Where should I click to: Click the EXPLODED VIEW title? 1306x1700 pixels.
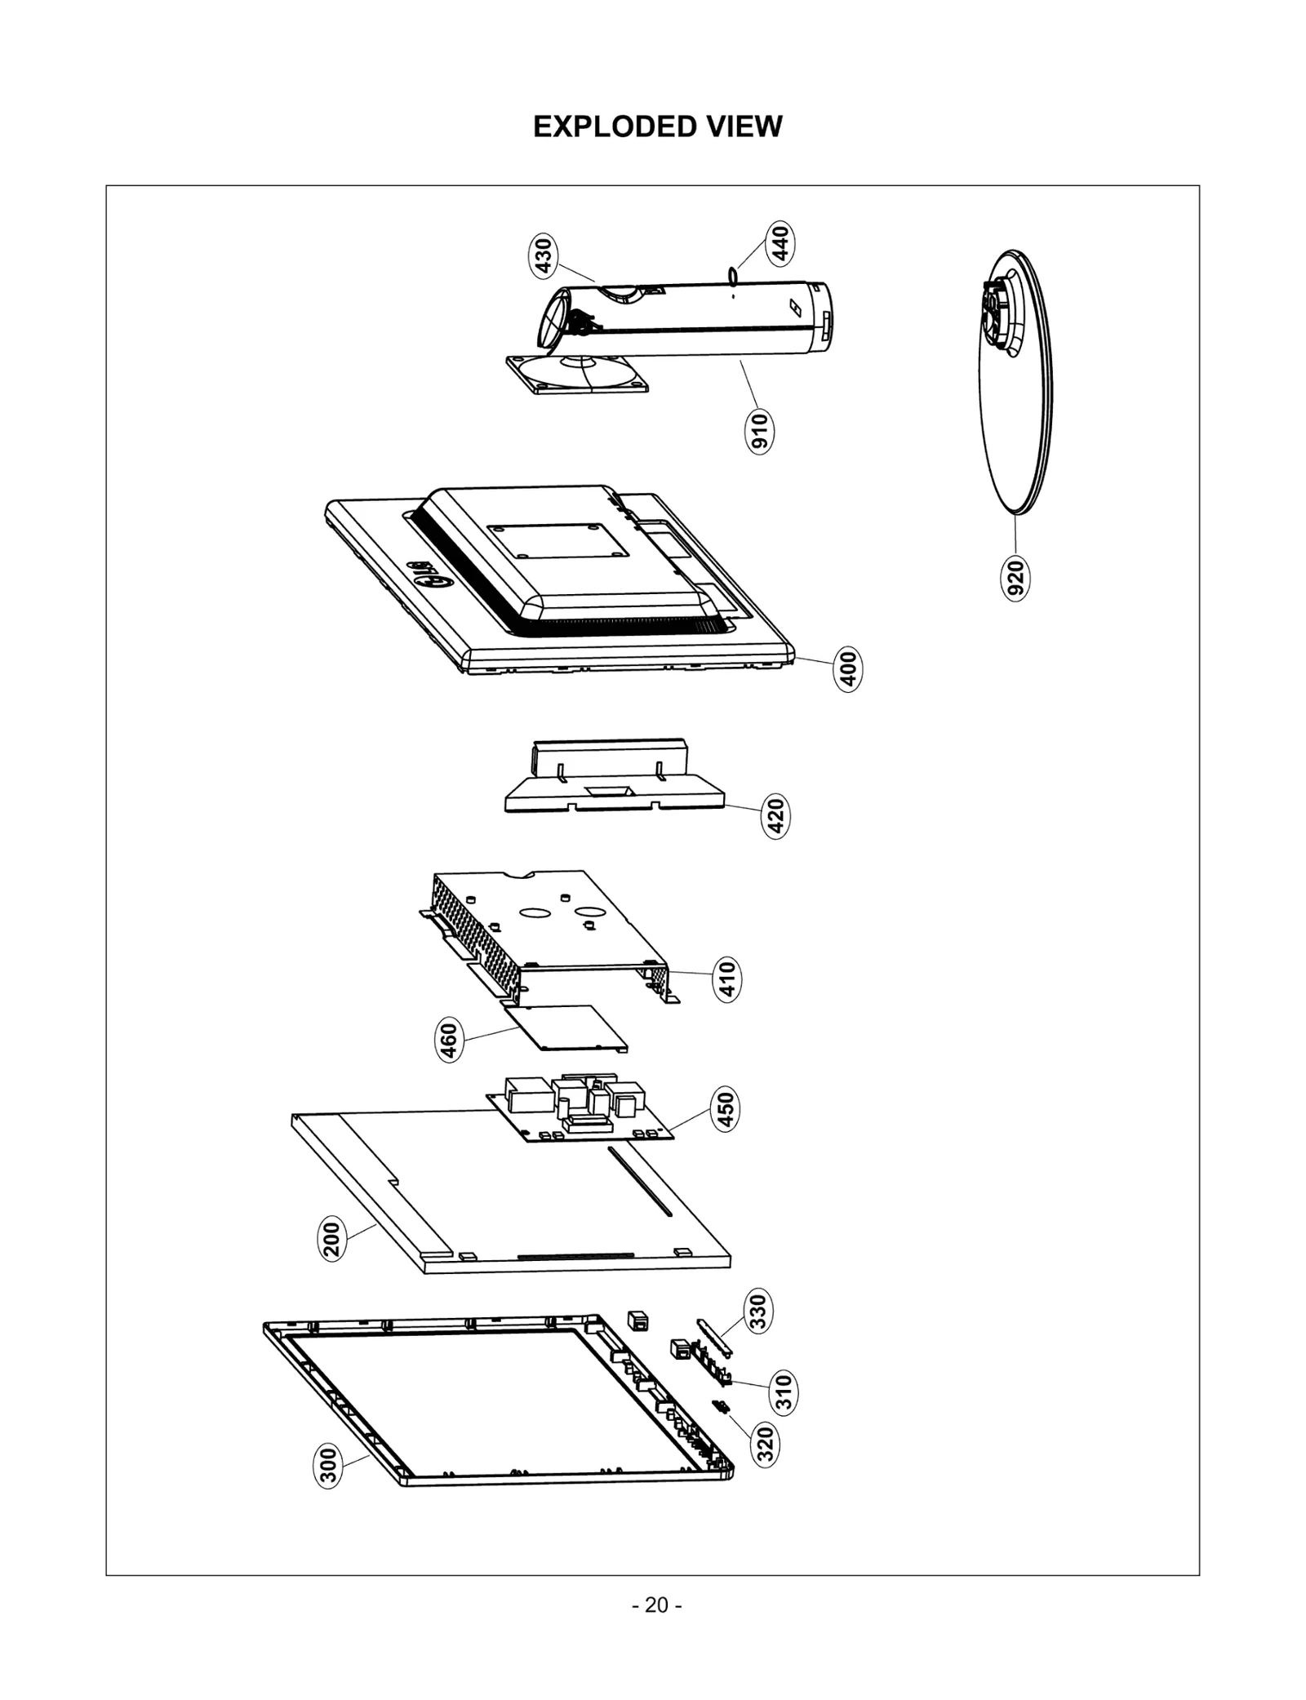tap(657, 127)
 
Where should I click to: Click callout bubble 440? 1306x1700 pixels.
tap(780, 243)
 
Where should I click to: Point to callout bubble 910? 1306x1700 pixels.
tap(760, 431)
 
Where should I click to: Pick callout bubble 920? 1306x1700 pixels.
tap(1015, 578)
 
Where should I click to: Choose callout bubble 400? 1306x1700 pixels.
tap(849, 670)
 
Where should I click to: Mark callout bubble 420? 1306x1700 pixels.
tap(776, 816)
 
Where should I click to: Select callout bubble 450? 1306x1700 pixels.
tap(725, 1109)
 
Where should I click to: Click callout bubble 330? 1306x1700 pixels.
tap(759, 1312)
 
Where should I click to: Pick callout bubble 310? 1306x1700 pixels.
tap(784, 1392)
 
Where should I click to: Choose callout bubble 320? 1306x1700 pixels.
tap(766, 1443)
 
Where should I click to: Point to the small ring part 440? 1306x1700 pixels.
tap(733, 275)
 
